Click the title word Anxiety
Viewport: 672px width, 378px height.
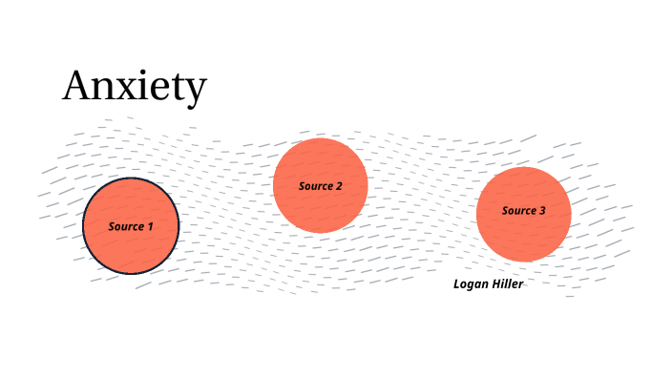(x=134, y=87)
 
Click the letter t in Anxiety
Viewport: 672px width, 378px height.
(x=177, y=87)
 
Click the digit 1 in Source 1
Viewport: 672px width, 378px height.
(x=149, y=226)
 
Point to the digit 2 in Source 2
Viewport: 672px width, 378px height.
(x=339, y=186)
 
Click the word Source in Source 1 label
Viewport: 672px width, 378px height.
(x=125, y=226)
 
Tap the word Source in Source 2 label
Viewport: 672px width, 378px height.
(x=315, y=186)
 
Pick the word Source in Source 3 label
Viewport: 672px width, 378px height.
(x=518, y=211)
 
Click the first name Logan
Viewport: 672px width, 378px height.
(x=471, y=284)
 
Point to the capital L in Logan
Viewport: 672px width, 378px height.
(x=457, y=283)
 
